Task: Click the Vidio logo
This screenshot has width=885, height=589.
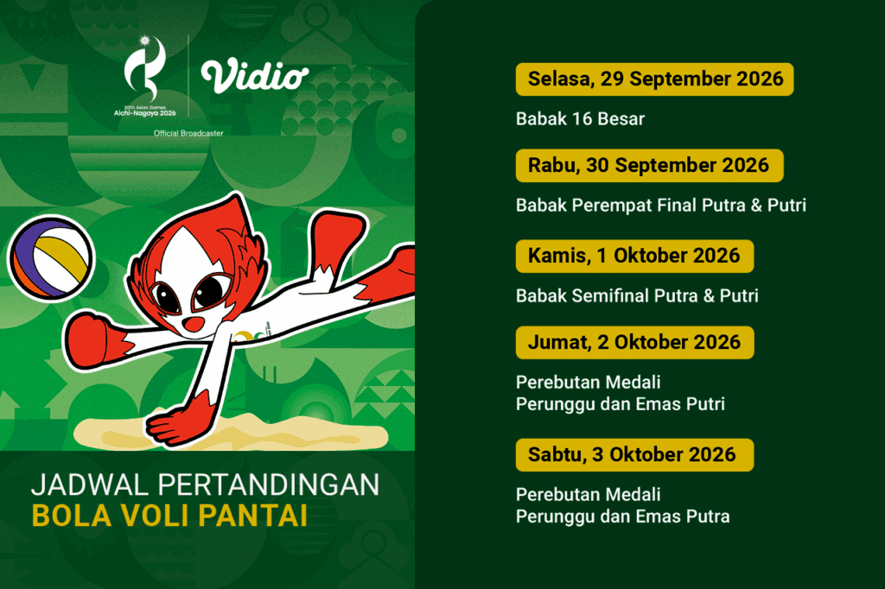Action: (x=255, y=76)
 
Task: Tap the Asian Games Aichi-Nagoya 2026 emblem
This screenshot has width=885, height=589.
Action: (x=145, y=76)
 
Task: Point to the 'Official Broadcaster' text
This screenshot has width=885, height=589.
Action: (x=188, y=133)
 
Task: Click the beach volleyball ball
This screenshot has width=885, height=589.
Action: (x=51, y=258)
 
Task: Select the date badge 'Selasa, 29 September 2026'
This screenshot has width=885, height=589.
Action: (x=655, y=79)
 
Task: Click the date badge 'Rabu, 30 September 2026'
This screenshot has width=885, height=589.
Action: (x=650, y=165)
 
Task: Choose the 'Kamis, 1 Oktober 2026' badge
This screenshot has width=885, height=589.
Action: (x=634, y=256)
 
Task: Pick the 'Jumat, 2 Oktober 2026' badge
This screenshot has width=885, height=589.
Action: (x=635, y=343)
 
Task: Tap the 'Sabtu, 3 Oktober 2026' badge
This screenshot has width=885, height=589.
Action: (x=635, y=455)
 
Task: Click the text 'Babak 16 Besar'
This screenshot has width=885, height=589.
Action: (x=580, y=119)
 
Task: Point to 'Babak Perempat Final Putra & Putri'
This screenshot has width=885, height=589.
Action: (x=661, y=206)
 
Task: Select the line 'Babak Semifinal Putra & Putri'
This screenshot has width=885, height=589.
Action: (x=637, y=295)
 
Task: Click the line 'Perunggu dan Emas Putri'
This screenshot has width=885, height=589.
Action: (x=621, y=404)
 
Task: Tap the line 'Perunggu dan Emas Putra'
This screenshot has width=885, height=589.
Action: (x=622, y=516)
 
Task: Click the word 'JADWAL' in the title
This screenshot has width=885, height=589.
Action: (x=90, y=485)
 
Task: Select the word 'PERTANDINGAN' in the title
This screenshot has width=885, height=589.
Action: (x=269, y=485)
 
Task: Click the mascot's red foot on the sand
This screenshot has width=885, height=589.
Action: (x=175, y=424)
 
